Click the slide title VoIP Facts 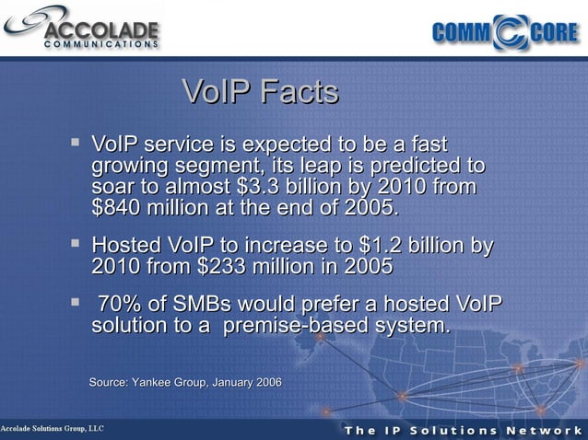pos(261,92)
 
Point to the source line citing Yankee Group pos(185,381)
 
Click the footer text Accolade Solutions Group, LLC pos(53,430)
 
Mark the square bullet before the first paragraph pos(76,144)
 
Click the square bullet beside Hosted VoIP pos(76,245)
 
